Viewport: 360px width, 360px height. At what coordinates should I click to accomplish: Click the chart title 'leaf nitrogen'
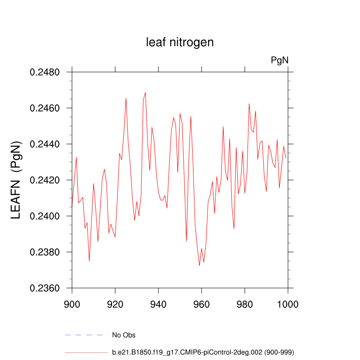180,42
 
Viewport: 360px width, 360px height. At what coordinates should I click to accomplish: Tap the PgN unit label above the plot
279,60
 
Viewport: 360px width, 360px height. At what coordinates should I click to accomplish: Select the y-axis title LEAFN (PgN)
16,180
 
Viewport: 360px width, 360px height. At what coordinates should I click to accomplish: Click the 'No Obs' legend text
124,335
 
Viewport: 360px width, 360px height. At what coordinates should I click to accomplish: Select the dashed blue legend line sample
86,335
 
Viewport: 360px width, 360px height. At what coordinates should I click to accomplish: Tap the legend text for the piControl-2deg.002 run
203,352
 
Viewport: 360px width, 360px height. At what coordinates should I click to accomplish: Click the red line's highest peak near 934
145,92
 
